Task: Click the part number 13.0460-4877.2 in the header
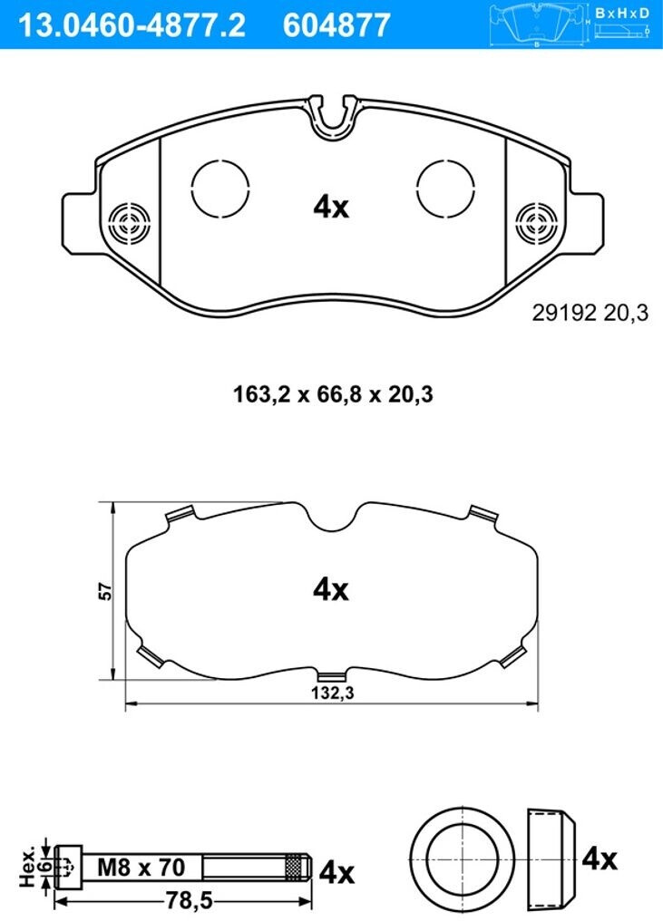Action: tap(132, 25)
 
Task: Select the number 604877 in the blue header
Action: tap(336, 25)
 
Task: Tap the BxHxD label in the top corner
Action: tap(622, 13)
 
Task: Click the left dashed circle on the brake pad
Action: tap(220, 187)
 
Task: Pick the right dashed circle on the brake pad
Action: tap(445, 187)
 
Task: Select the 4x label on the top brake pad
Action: tap(332, 207)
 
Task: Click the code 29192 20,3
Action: tap(590, 313)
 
